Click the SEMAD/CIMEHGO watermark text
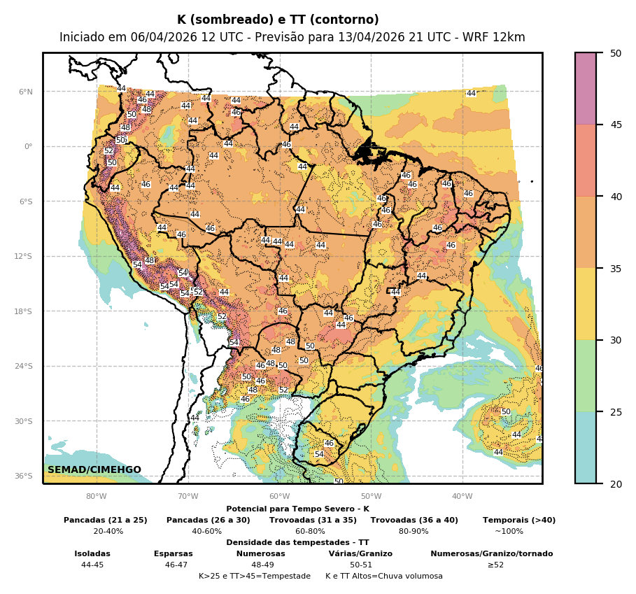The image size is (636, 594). pos(94,469)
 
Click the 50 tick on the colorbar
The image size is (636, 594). pos(616,53)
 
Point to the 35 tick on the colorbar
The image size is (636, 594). pos(616,269)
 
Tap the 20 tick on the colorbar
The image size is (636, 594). pos(616,483)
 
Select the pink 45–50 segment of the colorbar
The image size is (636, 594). pos(586,89)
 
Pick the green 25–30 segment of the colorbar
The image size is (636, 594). pos(586,376)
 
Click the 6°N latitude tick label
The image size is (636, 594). pos(25,92)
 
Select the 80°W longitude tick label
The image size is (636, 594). pos(97,497)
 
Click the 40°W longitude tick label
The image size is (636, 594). pos(462,497)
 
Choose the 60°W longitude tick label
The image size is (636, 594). pos(279,497)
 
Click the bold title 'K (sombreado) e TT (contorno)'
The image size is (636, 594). pos(278,20)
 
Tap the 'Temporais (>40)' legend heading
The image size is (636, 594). pos(519,520)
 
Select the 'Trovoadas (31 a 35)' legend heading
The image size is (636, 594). pos(313,520)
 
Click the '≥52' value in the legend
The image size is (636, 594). pos(495,565)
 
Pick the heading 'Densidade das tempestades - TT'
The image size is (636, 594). pos(297,542)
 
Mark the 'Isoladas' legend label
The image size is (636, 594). pos(92,553)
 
